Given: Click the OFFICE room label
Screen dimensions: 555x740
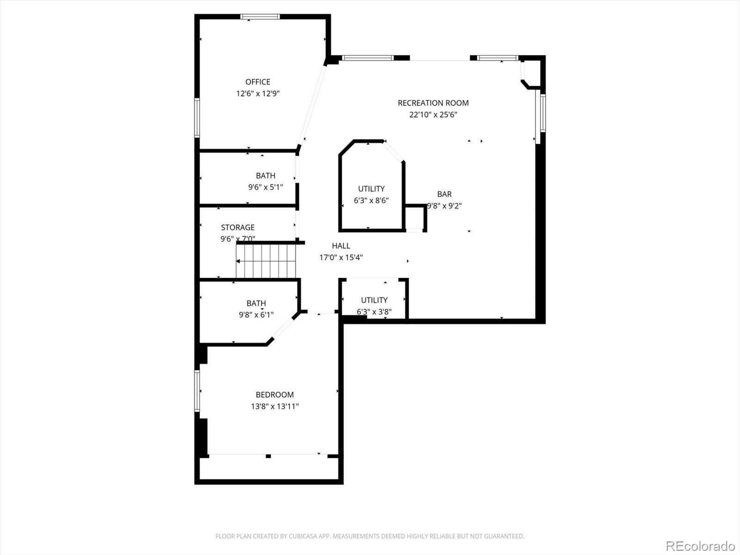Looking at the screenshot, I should click(x=258, y=82).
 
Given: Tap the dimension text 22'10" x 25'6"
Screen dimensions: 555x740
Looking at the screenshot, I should click(x=433, y=115).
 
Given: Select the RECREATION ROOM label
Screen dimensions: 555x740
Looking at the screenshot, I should click(x=433, y=103).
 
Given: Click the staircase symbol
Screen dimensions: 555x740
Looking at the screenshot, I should click(x=266, y=261).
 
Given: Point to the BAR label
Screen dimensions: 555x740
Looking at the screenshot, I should click(x=444, y=194).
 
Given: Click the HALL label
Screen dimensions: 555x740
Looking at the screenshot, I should click(x=341, y=246).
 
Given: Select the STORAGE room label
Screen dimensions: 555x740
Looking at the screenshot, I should click(x=238, y=227).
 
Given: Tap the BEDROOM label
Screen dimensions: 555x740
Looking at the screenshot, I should click(x=275, y=395).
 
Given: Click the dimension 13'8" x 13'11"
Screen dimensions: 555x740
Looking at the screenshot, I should click(x=275, y=407).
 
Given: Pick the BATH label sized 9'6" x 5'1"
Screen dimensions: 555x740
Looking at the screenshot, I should click(x=265, y=175).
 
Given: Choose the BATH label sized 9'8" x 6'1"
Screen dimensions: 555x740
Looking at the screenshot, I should click(x=256, y=303).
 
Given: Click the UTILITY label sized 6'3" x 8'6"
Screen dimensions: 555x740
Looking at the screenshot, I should click(x=371, y=189).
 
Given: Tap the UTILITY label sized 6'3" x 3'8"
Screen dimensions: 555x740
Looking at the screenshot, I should click(x=374, y=300).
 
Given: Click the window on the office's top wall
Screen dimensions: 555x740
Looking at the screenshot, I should click(x=260, y=17).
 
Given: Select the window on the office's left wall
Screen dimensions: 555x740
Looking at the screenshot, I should click(x=197, y=117).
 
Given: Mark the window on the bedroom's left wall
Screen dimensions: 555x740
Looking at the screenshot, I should click(x=197, y=391).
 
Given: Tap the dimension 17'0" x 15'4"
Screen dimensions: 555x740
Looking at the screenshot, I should click(x=341, y=258).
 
